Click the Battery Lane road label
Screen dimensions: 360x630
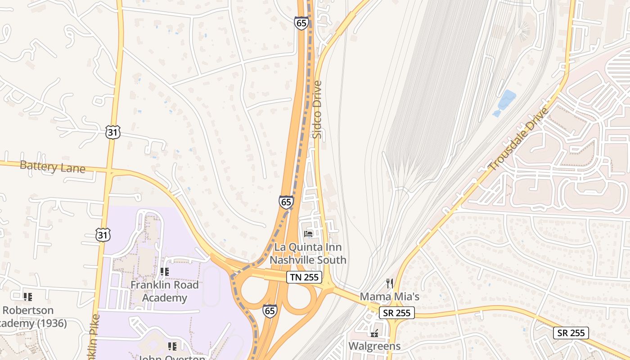(53, 167)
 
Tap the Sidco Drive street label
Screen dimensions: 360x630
(318, 109)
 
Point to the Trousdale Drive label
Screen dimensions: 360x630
(519, 139)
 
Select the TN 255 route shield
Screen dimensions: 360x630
(305, 277)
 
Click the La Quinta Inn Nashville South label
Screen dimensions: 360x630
(308, 253)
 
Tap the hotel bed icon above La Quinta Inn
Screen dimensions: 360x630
(308, 234)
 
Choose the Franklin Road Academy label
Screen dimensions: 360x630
(164, 291)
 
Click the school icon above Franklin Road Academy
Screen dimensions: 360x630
(164, 271)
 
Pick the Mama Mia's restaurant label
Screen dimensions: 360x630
(390, 297)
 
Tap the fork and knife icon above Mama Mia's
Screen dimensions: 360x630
(390, 283)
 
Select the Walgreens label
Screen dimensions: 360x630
(374, 346)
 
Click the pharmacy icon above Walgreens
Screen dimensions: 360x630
(374, 333)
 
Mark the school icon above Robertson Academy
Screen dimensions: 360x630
(28, 297)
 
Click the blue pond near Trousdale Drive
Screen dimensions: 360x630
(506, 99)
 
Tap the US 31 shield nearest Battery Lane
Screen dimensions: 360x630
(113, 132)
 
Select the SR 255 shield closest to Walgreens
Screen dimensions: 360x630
(396, 313)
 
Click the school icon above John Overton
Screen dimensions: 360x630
(172, 346)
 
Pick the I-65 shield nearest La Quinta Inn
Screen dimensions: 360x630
(286, 202)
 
